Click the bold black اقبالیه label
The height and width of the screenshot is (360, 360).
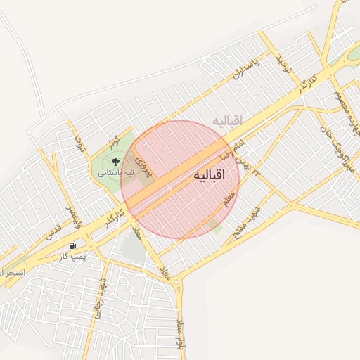tap(207, 176)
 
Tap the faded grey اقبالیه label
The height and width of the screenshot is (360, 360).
tap(226, 121)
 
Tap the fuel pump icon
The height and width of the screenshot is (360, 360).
tap(72, 246)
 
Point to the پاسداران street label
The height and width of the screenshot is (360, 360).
tap(245, 71)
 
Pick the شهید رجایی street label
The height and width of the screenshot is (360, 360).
tap(104, 300)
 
